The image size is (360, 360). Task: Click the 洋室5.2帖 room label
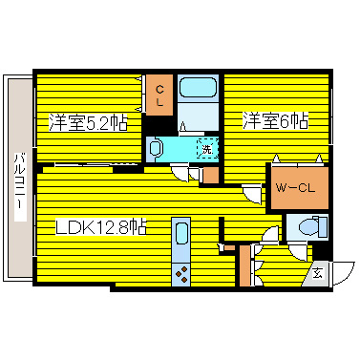coord(88,123)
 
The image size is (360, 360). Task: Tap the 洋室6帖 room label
coord(275,121)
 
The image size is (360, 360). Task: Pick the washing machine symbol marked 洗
coord(206,148)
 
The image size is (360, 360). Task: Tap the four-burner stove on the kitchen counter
coord(181,271)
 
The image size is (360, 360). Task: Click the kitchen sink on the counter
coord(181,234)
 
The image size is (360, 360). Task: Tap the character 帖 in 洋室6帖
coord(299,121)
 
